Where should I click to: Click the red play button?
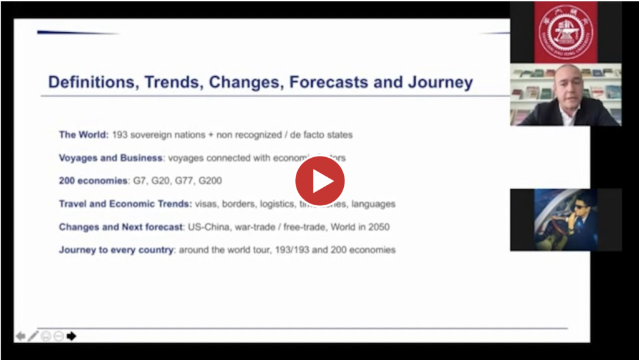(x=319, y=181)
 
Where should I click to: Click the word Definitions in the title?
(x=94, y=82)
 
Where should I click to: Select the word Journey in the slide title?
(x=441, y=82)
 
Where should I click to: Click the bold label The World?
(x=84, y=135)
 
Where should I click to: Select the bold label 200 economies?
(x=93, y=181)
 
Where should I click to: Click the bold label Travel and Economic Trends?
(x=125, y=204)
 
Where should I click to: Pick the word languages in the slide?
(x=374, y=204)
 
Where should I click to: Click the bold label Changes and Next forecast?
(x=120, y=227)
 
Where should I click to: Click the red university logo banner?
(x=565, y=31)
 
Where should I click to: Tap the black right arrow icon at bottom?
(x=71, y=336)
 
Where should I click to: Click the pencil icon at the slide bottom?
(x=33, y=336)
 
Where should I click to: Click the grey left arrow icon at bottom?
(x=21, y=336)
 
